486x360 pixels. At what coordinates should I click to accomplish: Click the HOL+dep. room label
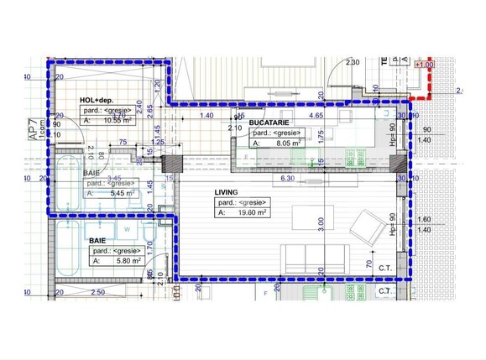[x=98, y=100]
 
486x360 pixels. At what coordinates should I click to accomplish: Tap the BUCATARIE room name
[x=272, y=123]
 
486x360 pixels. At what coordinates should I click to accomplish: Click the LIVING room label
[x=227, y=192]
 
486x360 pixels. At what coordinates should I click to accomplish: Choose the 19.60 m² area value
[x=249, y=213]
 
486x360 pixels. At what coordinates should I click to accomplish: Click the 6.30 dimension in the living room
[x=286, y=178]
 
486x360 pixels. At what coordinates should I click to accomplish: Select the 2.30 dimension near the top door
[x=352, y=62]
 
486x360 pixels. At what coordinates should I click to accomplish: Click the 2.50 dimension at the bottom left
[x=97, y=292]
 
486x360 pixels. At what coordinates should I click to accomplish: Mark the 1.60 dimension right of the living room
[x=423, y=219]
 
